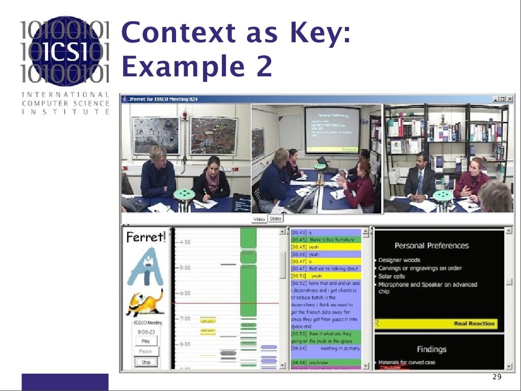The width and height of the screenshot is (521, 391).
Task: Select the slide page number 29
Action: point(497,377)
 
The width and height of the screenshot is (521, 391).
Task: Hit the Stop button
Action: point(146,362)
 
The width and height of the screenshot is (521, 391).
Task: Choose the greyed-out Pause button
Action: point(146,351)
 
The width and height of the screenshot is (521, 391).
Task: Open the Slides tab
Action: point(275,218)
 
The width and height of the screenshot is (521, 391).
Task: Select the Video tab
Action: point(259,219)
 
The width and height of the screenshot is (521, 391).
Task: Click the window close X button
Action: point(510,99)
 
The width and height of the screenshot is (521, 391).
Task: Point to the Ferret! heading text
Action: point(146,237)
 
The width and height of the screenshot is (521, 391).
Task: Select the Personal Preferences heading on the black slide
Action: point(431,245)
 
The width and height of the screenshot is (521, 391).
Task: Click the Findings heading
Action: point(431,349)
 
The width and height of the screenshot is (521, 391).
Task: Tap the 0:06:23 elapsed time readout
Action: point(146,331)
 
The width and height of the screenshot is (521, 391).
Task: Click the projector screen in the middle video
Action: point(332,129)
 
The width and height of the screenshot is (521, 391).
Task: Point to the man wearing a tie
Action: point(420,181)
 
